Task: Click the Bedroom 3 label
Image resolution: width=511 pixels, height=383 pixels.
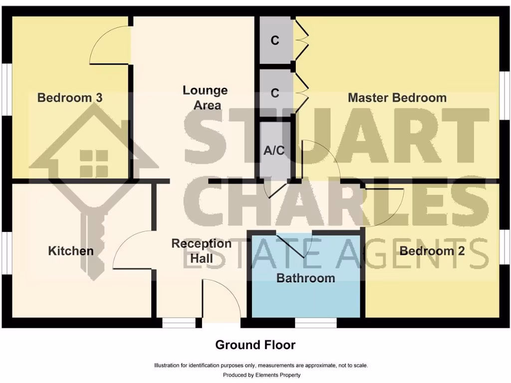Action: click(70, 97)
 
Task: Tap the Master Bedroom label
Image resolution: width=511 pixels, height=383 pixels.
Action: click(397, 97)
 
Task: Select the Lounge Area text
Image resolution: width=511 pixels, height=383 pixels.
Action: click(205, 98)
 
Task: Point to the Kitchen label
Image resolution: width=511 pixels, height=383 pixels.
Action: click(71, 251)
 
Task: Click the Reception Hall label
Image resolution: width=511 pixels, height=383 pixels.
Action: click(201, 251)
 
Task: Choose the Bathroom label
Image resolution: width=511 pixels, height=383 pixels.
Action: click(305, 278)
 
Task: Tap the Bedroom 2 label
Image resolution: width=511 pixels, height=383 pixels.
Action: click(432, 251)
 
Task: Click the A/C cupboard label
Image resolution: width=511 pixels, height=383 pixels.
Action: click(273, 151)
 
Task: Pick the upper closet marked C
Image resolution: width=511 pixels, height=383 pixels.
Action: click(275, 41)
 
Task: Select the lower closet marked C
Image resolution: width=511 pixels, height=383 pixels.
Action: click(275, 93)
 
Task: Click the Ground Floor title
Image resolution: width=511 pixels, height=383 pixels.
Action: click(255, 345)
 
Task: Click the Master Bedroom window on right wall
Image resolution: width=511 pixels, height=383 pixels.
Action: click(505, 95)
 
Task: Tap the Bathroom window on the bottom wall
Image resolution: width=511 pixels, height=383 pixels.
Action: click(315, 323)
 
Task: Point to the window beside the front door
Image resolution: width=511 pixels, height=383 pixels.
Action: click(179, 323)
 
